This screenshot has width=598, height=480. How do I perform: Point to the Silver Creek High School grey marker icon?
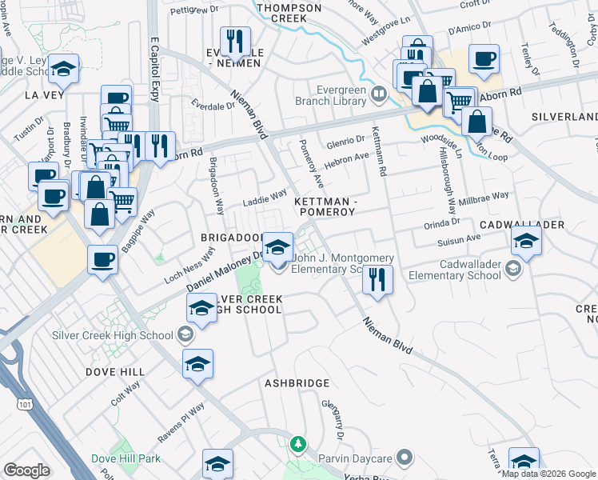(185, 335)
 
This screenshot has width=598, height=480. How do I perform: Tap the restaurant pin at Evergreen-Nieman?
(235, 42)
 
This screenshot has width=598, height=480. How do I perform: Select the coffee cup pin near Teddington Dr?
(484, 58)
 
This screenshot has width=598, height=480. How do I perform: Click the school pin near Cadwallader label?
(526, 240)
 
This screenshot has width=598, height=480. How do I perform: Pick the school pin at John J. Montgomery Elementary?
(277, 246)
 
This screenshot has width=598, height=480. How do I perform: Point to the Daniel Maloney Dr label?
(225, 272)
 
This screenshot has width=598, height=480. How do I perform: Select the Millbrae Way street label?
(488, 197)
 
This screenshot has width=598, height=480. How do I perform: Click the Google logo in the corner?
(27, 470)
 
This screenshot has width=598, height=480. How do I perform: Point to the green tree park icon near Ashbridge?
(298, 442)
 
